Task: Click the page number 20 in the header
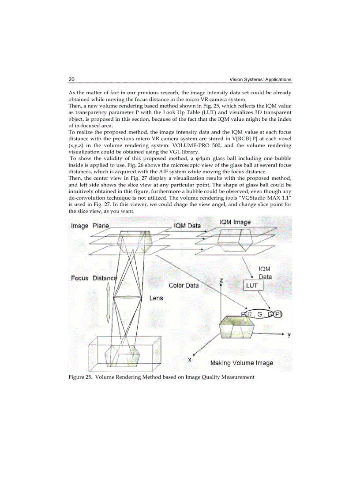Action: [x=71, y=79]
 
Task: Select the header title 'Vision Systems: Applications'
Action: [x=260, y=80]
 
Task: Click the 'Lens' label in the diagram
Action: [x=156, y=298]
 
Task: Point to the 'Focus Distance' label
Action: [x=94, y=278]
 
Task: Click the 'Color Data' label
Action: [x=184, y=285]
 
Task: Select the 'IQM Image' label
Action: [x=235, y=222]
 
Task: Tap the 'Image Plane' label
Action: [x=90, y=226]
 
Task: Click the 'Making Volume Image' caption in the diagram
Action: [x=241, y=363]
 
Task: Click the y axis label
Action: [x=289, y=335]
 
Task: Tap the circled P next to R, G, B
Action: [x=277, y=314]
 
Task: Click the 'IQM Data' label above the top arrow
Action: [x=187, y=225]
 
